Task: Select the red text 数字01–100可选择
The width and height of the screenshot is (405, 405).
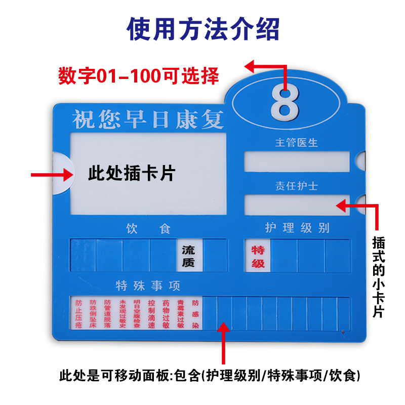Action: pyautogui.click(x=139, y=76)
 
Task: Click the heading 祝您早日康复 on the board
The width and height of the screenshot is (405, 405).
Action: pyautogui.click(x=148, y=119)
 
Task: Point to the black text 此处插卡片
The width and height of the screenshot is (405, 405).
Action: pyautogui.click(x=132, y=174)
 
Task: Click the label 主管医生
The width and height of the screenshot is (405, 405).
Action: pyautogui.click(x=296, y=143)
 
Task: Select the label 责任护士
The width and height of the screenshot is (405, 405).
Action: pyautogui.click(x=296, y=186)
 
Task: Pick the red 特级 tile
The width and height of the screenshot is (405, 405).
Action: pyautogui.click(x=258, y=256)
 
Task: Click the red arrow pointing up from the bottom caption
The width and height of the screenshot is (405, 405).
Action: pyautogui.click(x=224, y=344)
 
